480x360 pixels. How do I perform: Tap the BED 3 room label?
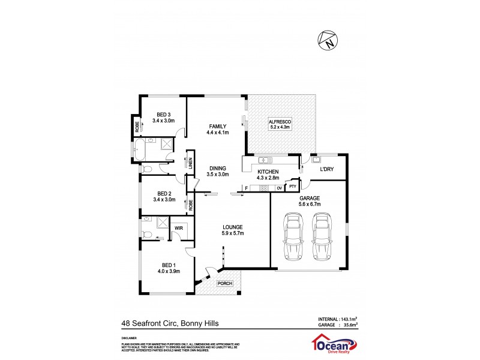[164, 115]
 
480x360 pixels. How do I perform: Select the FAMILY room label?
[217, 125]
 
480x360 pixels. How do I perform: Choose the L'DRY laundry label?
[326, 170]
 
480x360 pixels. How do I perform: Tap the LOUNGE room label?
[232, 227]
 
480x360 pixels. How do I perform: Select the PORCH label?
[224, 283]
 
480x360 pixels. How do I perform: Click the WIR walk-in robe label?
[179, 229]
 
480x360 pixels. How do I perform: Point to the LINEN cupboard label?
[190, 162]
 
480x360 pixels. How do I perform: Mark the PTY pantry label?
[292, 187]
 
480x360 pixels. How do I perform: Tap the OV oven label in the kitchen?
[279, 188]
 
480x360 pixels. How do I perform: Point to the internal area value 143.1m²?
[347, 319]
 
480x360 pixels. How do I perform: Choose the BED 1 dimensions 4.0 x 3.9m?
[168, 271]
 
